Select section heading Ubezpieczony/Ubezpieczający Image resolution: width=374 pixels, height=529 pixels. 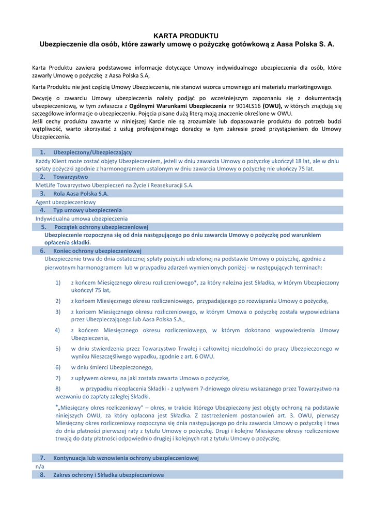tap(92, 152)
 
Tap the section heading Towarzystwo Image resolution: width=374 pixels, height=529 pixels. tap(70, 177)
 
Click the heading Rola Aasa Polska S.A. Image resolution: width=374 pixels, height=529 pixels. tap(81, 193)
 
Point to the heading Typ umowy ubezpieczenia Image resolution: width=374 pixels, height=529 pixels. tap(87, 210)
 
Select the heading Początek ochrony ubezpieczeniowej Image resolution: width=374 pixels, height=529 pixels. tap(101, 227)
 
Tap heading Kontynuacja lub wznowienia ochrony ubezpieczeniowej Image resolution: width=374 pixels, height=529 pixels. tap(126, 458)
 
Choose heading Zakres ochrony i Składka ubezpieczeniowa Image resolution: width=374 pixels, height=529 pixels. tap(108, 475)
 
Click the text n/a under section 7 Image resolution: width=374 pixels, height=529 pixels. tap(40, 466)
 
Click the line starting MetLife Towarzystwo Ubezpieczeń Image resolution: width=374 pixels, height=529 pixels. tap(115, 185)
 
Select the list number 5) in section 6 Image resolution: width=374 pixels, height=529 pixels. tap(58, 349)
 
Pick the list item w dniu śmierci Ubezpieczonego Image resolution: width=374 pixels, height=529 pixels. tap(112, 367)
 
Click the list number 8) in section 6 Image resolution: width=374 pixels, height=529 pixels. tap(58, 388)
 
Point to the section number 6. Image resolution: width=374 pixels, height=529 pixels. tap(43, 251)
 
